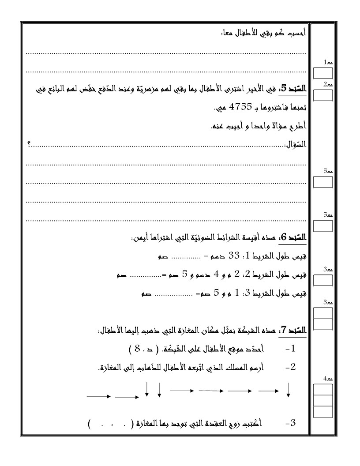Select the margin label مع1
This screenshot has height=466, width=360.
[x=327, y=64]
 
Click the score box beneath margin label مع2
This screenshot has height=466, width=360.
[x=322, y=94]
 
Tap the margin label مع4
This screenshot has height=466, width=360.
[x=327, y=379]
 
